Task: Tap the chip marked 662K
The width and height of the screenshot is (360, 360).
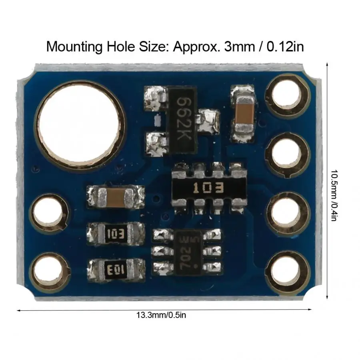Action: pyautogui.click(x=183, y=120)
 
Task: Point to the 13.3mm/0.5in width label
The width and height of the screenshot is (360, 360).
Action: pyautogui.click(x=161, y=315)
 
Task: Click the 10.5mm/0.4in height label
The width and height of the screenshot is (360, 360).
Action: pyautogui.click(x=334, y=195)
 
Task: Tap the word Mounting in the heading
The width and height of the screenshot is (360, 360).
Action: pyautogui.click(x=74, y=47)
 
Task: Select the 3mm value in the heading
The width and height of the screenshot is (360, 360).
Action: pyautogui.click(x=240, y=47)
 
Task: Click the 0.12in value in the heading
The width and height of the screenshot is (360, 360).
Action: pyautogui.click(x=285, y=47)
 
